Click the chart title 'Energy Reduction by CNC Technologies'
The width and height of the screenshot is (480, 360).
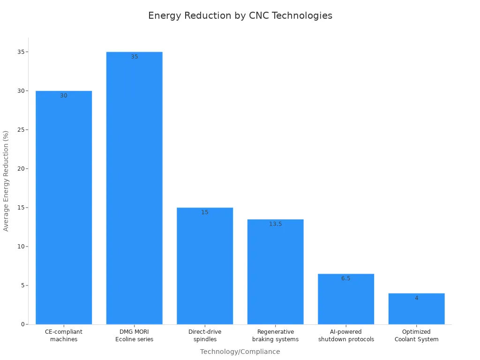coord(240,15)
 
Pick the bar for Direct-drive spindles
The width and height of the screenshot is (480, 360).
coord(205,267)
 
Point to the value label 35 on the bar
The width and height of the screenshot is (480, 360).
coord(135,57)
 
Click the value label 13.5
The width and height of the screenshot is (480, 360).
coord(275,224)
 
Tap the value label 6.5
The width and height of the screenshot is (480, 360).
coord(346,278)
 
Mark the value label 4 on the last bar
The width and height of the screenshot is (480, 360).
coord(416,298)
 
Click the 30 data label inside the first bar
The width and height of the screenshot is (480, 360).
coord(64,96)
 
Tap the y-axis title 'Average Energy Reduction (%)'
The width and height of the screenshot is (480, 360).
coord(6,181)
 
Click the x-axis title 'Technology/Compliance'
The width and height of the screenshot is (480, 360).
coord(240,352)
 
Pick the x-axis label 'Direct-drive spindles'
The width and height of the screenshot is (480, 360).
coord(205,336)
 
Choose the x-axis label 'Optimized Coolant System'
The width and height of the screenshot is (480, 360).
coord(416,336)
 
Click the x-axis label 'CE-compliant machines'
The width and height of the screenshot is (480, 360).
coord(64,336)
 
